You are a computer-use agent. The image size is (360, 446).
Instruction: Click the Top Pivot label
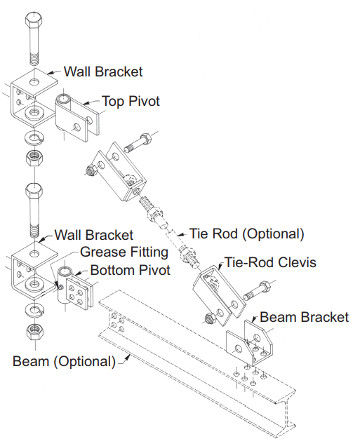point(131,102)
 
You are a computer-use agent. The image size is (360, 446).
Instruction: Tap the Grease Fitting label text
point(124,252)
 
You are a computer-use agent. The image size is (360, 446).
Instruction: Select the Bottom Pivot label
point(128,270)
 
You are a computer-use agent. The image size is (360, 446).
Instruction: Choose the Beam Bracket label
point(304,317)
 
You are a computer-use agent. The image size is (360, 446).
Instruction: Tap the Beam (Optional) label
point(64,361)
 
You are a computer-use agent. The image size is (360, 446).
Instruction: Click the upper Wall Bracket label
point(103,72)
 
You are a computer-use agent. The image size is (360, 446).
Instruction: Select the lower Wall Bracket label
point(94,235)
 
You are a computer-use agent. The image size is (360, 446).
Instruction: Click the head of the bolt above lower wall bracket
point(33,191)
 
